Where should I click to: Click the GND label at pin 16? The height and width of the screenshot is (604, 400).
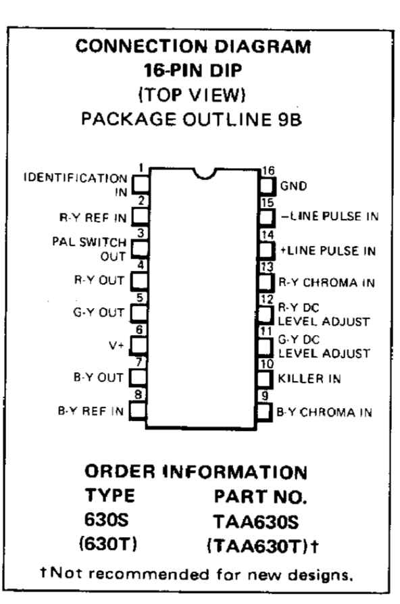click(293, 186)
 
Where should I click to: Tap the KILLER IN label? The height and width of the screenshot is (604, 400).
click(309, 378)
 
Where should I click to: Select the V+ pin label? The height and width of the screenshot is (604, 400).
click(116, 345)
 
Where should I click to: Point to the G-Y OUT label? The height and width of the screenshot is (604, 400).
click(99, 312)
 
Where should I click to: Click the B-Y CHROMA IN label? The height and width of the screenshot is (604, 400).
click(324, 412)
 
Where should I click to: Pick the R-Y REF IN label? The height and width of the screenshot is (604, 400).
click(93, 218)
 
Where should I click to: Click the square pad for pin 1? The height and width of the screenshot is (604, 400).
click(141, 184)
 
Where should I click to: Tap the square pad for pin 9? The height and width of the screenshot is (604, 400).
click(264, 411)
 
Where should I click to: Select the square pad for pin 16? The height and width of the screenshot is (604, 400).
click(266, 186)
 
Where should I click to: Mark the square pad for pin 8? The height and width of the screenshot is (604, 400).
click(138, 410)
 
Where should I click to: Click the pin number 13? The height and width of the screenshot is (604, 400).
click(267, 267)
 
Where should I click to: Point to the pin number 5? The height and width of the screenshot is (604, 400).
click(140, 297)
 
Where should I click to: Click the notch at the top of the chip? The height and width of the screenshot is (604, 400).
click(204, 174)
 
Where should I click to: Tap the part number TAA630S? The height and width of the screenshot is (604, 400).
click(256, 522)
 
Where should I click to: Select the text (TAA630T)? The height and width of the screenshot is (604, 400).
click(258, 546)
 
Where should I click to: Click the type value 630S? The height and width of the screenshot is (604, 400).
click(106, 520)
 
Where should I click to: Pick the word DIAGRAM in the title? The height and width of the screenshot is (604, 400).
click(262, 47)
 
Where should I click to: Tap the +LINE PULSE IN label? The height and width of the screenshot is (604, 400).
click(328, 251)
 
